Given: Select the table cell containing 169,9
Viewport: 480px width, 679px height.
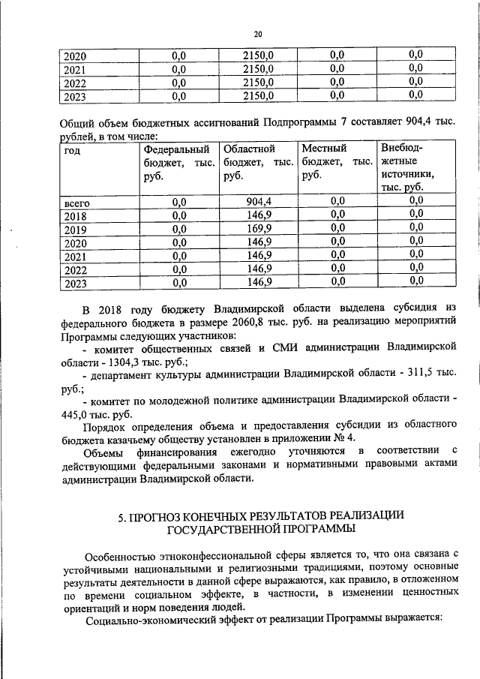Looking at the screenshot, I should point(259,230).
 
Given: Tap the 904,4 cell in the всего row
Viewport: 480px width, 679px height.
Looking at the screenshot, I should point(259,201).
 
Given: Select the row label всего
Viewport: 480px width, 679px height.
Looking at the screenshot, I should point(77,202).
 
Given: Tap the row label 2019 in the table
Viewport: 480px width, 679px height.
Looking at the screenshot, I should point(76,230).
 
